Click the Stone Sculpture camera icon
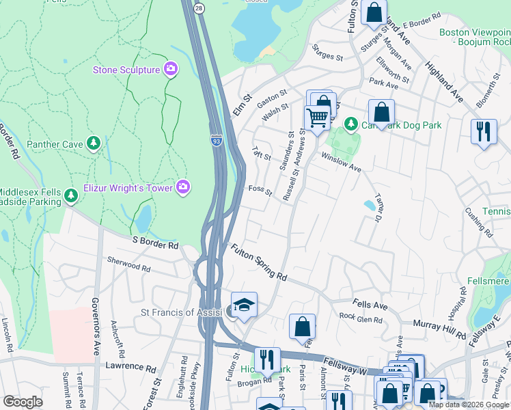170,69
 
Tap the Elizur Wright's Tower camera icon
182,187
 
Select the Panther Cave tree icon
94,144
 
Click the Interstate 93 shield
216,141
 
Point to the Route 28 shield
198,7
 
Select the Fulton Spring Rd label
258,262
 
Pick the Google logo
23,402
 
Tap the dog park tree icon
351,124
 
